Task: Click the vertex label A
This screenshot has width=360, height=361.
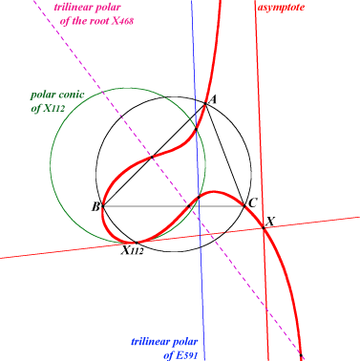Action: [x=213, y=100]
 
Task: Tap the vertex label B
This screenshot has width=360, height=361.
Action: [x=95, y=207]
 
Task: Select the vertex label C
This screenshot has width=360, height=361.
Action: [x=252, y=202]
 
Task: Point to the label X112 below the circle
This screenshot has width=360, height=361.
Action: [x=132, y=250]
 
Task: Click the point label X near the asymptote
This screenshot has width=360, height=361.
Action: [x=270, y=221]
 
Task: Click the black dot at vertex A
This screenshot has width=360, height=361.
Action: [x=205, y=104]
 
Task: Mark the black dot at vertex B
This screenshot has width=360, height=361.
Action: [x=102, y=206]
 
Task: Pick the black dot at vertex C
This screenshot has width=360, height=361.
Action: [x=244, y=206]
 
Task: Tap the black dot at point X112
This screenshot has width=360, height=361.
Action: [x=137, y=243]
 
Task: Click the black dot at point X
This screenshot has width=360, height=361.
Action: [x=264, y=227]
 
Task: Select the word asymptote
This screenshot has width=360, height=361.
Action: [x=281, y=8]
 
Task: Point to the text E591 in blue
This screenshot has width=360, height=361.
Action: [x=186, y=354]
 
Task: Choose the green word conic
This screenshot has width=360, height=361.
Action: [x=73, y=95]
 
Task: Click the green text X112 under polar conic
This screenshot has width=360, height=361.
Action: [x=53, y=109]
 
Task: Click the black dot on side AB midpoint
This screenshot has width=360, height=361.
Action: [x=152, y=157]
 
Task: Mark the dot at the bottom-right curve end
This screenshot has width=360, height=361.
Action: [x=301, y=355]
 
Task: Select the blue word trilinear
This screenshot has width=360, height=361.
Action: [x=148, y=342]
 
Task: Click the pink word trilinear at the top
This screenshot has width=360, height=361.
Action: [x=71, y=7]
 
